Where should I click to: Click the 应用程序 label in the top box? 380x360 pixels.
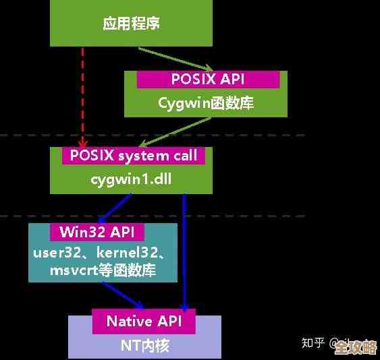(x=131, y=24)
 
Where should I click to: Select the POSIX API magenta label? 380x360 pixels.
(x=208, y=79)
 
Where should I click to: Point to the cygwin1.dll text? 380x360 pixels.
(x=128, y=179)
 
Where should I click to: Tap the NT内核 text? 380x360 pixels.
(x=144, y=345)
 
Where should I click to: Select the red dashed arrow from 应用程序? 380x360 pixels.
(x=83, y=94)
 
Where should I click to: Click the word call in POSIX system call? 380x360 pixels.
(x=184, y=156)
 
